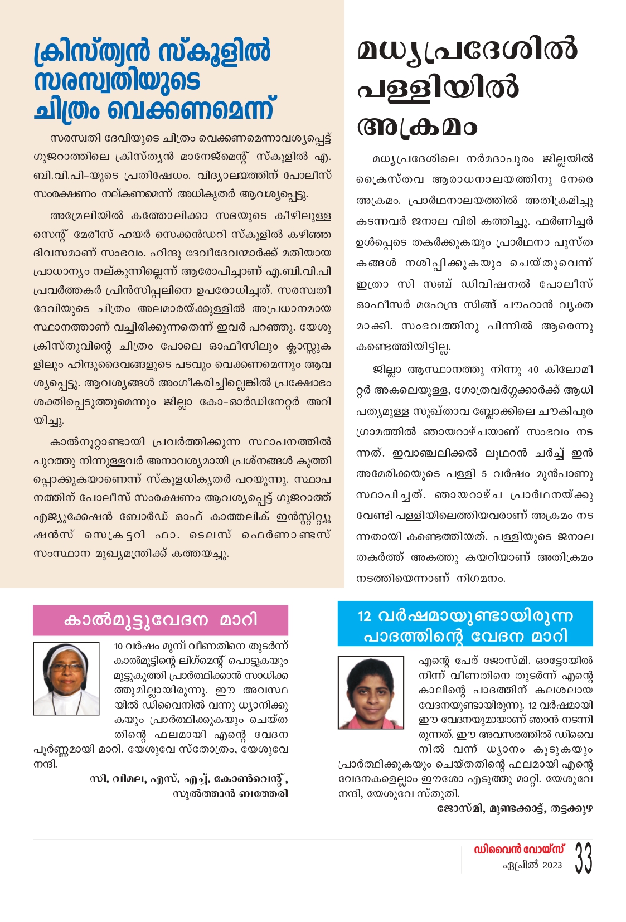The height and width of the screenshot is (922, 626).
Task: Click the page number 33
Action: point(583,858)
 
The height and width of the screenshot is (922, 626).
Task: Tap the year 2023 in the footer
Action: point(552,865)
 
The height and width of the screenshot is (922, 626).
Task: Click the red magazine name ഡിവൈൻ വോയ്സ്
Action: point(519,850)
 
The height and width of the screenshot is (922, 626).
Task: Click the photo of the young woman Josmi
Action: point(371,692)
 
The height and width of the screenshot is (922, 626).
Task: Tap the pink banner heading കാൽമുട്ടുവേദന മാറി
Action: point(161,620)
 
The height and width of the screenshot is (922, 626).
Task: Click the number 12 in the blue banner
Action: point(364,616)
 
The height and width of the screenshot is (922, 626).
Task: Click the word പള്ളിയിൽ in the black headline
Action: point(438,88)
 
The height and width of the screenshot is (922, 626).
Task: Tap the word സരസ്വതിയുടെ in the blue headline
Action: point(117,82)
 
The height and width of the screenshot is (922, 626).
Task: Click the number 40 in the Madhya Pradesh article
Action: point(533,370)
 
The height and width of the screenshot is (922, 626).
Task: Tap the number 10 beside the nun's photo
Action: point(118,647)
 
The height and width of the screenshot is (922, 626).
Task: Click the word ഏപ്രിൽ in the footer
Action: point(521,866)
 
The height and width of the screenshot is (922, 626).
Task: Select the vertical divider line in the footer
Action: point(462,859)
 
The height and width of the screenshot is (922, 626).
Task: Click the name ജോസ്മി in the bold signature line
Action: point(453,808)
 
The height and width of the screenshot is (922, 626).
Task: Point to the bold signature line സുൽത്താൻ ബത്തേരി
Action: point(230,793)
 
